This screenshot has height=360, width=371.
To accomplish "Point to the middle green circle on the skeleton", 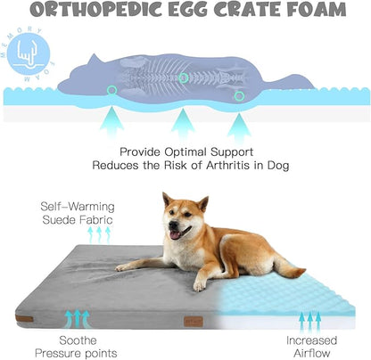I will point(183,78).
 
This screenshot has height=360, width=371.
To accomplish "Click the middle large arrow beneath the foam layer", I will point(184,122).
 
